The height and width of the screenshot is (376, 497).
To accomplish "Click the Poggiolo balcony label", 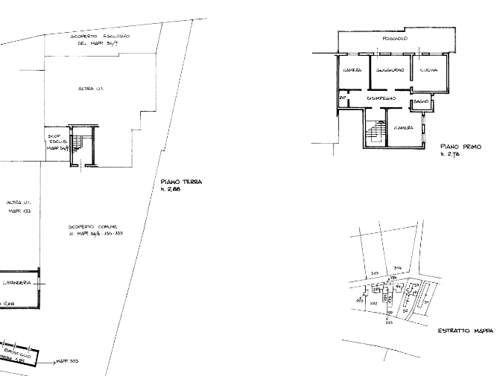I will [x=394, y=39].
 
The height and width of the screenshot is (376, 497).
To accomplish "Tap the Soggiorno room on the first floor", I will [x=390, y=71].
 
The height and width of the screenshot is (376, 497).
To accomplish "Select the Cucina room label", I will [x=428, y=71].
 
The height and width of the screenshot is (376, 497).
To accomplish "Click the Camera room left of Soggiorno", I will [x=351, y=71].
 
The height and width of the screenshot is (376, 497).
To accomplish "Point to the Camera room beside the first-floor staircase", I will [x=405, y=129].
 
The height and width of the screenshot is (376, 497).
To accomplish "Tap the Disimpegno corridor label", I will [x=381, y=98].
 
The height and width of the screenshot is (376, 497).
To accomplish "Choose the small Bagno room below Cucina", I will [x=421, y=101].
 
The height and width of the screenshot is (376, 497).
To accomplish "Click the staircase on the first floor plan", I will [x=374, y=133].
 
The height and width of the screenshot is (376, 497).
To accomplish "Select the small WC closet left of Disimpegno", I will [x=343, y=98].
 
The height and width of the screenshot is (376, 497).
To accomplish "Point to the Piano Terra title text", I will [x=180, y=182].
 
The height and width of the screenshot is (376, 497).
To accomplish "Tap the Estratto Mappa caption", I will [x=462, y=331].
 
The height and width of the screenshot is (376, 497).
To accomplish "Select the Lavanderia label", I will [x=16, y=284].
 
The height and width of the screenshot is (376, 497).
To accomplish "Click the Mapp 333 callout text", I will [x=68, y=362].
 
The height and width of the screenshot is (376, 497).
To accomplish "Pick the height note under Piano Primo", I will [x=448, y=156].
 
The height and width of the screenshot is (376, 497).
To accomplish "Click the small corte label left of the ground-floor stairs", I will [x=54, y=141].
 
